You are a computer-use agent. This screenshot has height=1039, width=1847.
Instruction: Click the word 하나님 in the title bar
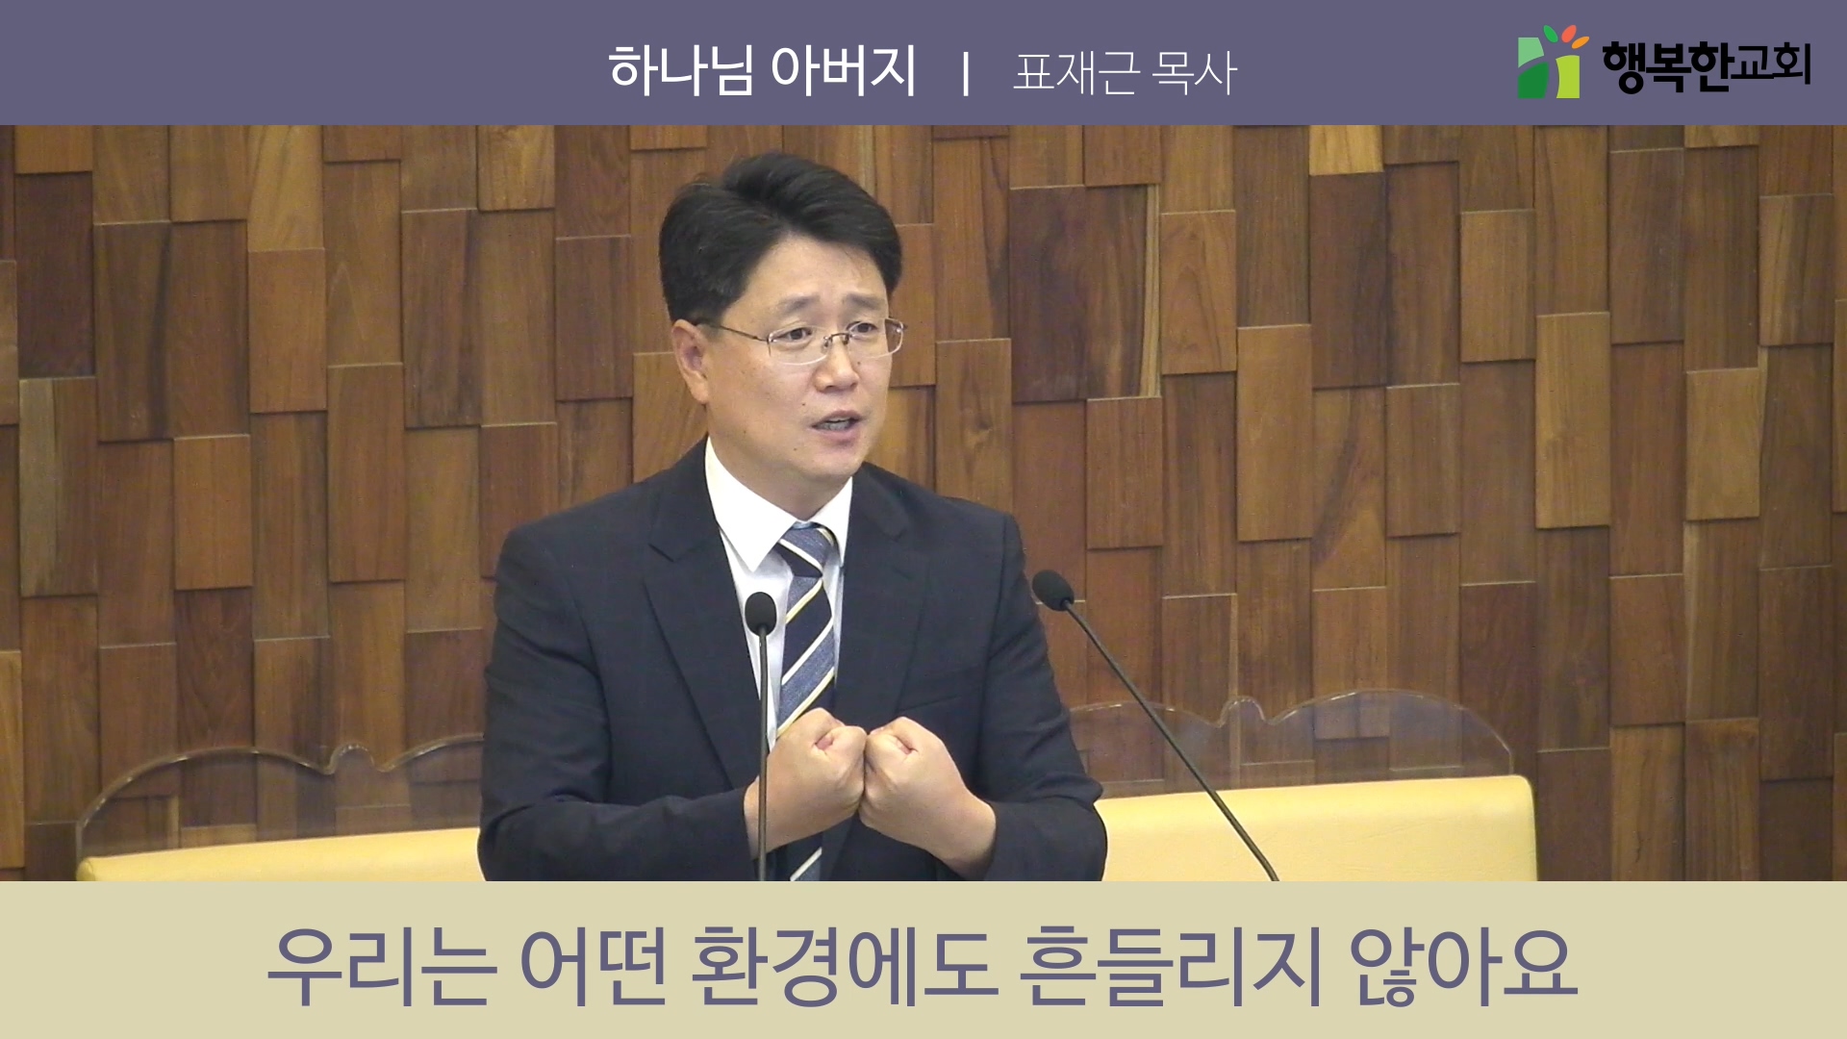click(x=680, y=70)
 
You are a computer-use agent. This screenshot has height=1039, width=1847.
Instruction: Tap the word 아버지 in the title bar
click(x=844, y=70)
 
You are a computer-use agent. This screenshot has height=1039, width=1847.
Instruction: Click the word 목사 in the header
click(x=1195, y=72)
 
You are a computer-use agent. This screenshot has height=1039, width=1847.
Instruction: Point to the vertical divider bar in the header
click(x=965, y=73)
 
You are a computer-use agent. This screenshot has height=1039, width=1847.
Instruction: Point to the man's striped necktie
click(x=806, y=673)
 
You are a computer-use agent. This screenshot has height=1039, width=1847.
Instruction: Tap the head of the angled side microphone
click(x=1051, y=589)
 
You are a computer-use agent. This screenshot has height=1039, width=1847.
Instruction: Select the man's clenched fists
click(x=856, y=770)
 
